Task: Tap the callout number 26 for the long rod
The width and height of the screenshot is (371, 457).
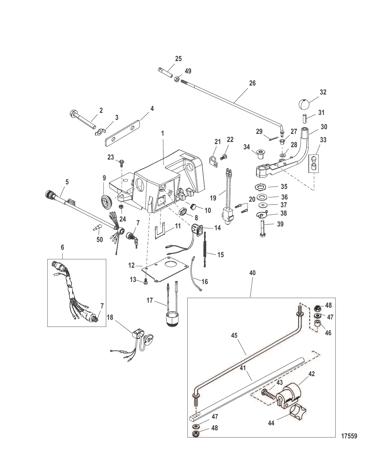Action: tap(252, 83)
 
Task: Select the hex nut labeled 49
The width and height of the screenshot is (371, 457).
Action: tap(178, 79)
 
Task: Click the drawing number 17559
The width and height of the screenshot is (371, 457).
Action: tap(349, 436)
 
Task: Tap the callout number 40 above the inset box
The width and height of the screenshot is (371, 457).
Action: tap(252, 273)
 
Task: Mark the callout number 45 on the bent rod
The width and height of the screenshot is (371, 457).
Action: tap(234, 336)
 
